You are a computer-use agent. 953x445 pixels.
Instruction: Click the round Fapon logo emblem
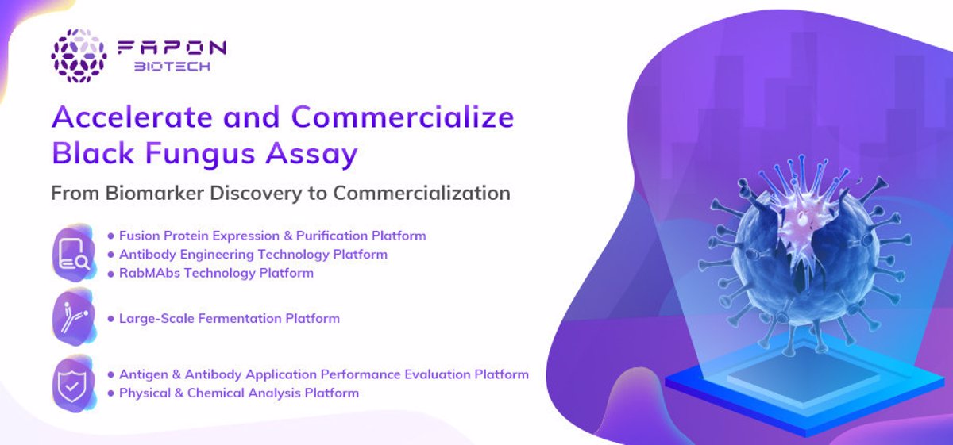[x=79, y=56]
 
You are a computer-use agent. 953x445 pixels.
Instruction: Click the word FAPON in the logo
[x=172, y=48]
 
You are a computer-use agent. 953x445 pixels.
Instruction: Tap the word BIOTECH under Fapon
[x=172, y=67]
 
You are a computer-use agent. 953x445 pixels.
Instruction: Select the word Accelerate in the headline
[x=132, y=117]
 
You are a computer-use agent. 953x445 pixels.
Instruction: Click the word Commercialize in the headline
[x=403, y=117]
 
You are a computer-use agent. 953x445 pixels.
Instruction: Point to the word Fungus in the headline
[x=200, y=154]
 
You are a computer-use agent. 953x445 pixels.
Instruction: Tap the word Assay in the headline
[x=312, y=154]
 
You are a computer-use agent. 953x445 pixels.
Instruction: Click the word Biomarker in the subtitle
[x=155, y=193]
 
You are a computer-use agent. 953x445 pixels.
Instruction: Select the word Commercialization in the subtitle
[x=422, y=193]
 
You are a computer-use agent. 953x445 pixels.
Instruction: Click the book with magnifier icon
[x=74, y=254]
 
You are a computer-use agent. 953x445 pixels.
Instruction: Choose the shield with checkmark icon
[x=74, y=384]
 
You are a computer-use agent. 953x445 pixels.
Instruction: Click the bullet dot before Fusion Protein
[x=111, y=236]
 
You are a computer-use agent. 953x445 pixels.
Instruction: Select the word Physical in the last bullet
[x=145, y=393]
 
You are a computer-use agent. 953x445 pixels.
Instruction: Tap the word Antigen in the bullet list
[x=144, y=375]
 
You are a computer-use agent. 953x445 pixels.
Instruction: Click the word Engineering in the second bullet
[x=217, y=255]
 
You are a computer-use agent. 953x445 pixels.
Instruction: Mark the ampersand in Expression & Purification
[x=288, y=236]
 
